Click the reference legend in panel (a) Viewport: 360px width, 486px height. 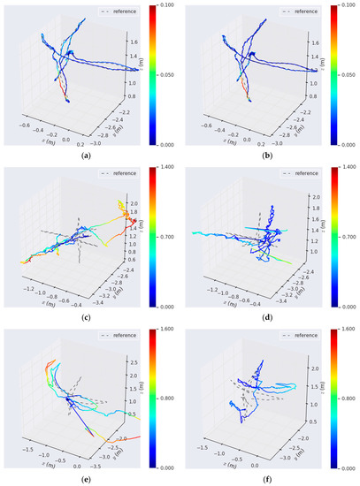(x=127, y=12)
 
